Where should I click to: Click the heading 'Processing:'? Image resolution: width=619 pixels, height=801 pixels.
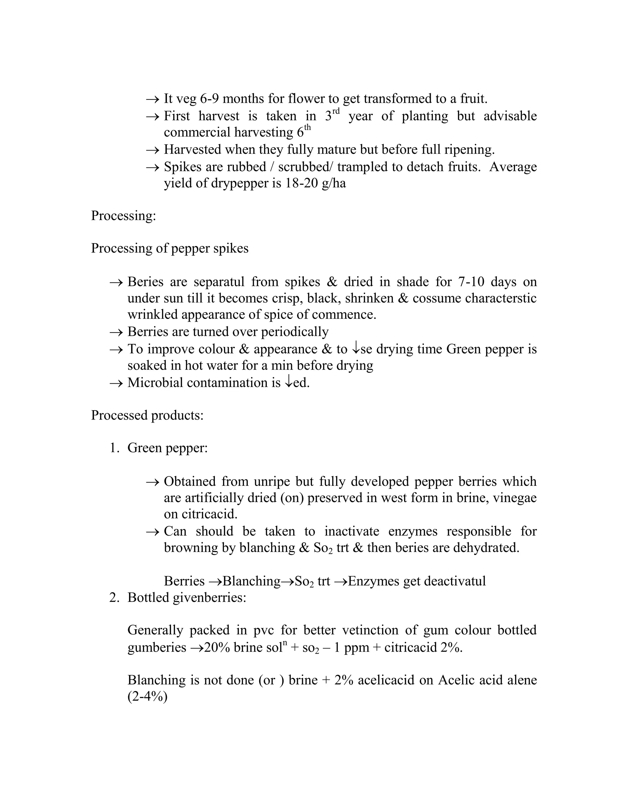tap(123, 216)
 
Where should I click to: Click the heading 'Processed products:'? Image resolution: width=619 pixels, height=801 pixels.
tap(147, 415)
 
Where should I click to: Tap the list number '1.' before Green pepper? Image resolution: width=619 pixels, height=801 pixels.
tap(115, 448)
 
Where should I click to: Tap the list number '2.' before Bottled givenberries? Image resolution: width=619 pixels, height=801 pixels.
tap(115, 598)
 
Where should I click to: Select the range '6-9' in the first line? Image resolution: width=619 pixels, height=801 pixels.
tap(209, 99)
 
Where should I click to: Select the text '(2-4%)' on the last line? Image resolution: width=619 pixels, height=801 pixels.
tap(147, 696)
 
